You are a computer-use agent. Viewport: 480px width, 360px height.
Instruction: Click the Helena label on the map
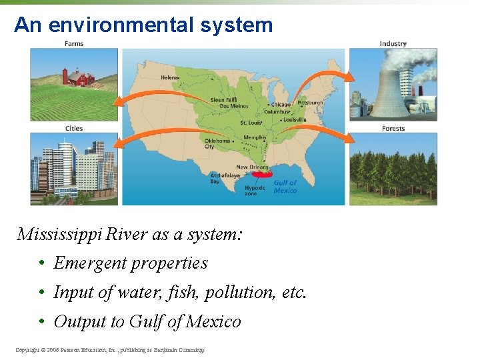(169, 78)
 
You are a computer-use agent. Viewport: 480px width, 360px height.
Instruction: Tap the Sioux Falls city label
(225, 100)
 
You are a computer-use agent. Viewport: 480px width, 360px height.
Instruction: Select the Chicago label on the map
(281, 105)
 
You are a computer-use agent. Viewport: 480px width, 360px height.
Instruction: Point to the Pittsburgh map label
(310, 103)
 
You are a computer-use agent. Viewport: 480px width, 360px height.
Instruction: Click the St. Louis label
(251, 123)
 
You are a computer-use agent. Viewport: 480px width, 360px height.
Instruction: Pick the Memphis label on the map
(255, 138)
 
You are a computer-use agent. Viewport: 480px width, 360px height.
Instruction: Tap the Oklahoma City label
(217, 144)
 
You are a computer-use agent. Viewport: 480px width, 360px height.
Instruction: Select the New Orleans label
(252, 167)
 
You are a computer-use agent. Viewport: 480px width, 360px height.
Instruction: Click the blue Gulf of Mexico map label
(285, 186)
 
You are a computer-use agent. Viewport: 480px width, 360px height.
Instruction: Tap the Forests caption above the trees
(393, 129)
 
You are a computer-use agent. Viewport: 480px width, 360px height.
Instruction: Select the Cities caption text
(74, 129)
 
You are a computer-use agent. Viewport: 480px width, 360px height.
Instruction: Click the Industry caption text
(393, 44)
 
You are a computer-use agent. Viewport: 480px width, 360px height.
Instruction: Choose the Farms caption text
(74, 44)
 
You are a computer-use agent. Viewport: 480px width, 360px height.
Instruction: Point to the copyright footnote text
(110, 349)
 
